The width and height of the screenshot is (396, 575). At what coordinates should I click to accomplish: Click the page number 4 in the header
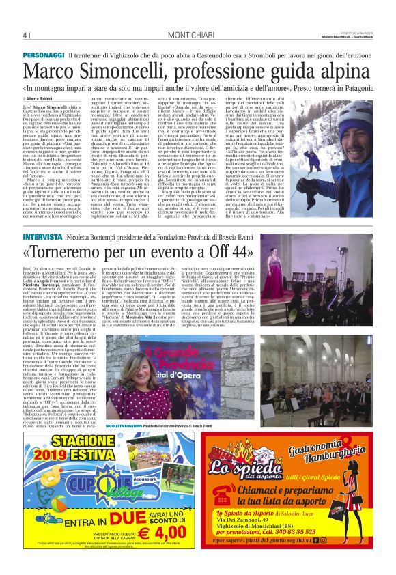click(x=25, y=36)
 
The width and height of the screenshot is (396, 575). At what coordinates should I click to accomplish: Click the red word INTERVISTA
click(x=43, y=237)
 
